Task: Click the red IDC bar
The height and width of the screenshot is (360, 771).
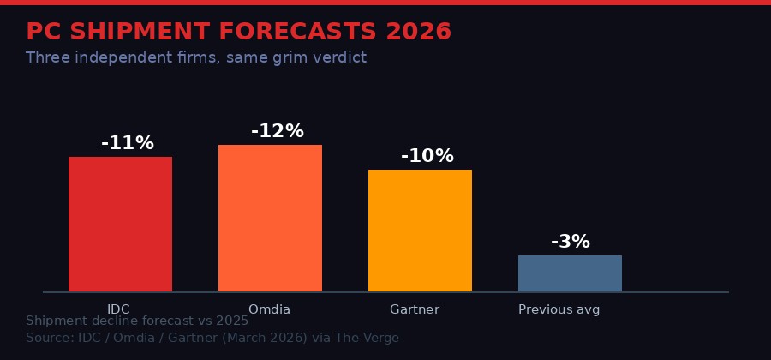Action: click(x=120, y=225)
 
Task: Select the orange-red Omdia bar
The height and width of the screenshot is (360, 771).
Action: click(x=270, y=219)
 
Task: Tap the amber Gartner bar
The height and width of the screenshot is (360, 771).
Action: click(x=420, y=231)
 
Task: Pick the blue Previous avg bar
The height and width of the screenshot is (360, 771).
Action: click(x=570, y=273)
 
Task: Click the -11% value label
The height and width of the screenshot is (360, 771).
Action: click(x=128, y=143)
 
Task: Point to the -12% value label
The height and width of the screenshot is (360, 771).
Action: click(x=278, y=131)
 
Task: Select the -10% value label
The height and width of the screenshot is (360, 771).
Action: click(x=427, y=156)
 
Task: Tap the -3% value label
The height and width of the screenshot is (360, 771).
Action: click(x=571, y=242)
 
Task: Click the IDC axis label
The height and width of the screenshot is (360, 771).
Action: click(x=118, y=309)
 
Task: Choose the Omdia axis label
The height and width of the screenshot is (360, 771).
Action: click(x=269, y=309)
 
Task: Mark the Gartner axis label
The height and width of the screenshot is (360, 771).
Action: click(x=415, y=309)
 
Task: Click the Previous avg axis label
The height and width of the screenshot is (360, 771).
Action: click(x=559, y=309)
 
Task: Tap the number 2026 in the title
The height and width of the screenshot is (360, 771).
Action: click(x=418, y=32)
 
